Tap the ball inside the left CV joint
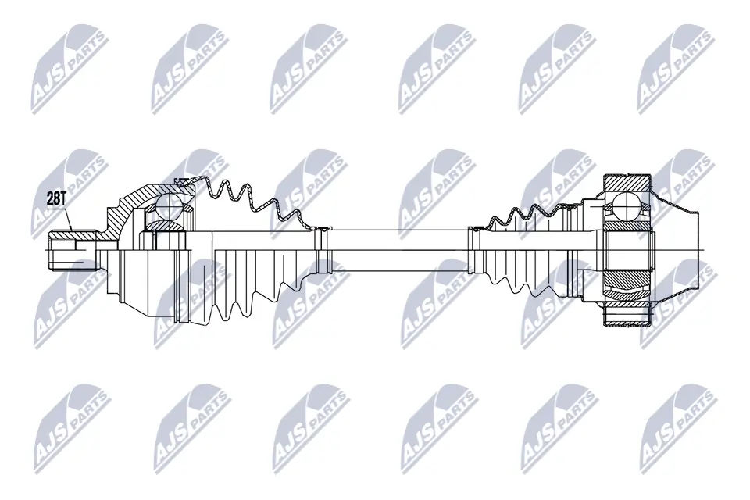(168, 208)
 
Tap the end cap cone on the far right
(680, 250)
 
